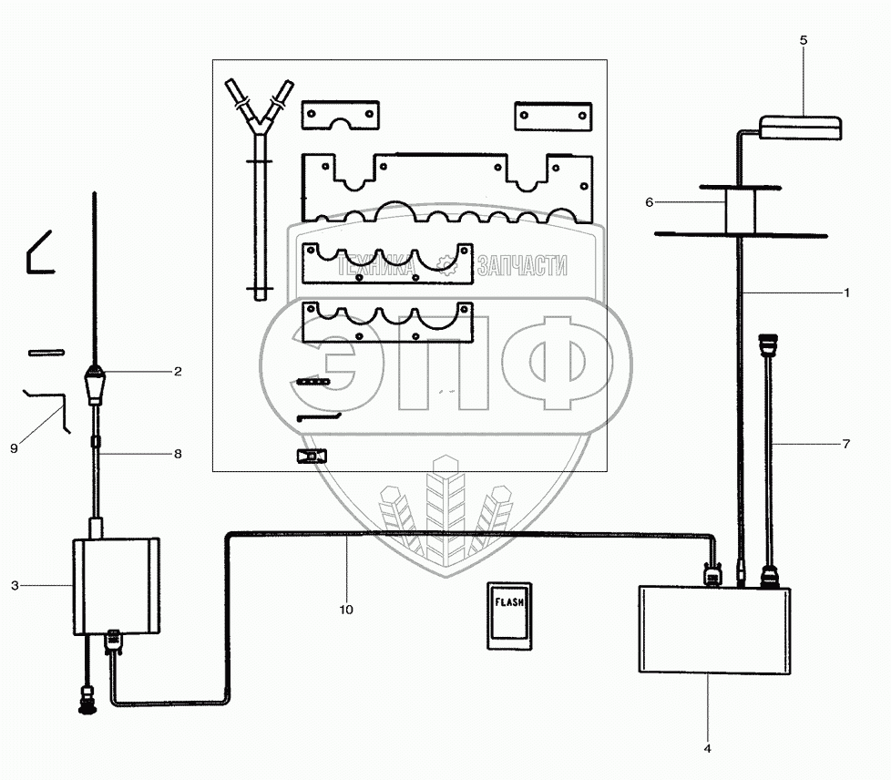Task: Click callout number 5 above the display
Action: (803, 40)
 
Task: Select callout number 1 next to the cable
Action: (846, 292)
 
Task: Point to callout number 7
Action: (846, 444)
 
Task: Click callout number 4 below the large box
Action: (707, 748)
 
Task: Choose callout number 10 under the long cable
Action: (347, 609)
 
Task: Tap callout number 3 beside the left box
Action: (15, 585)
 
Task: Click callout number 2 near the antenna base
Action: (178, 371)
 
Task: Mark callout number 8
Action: (178, 452)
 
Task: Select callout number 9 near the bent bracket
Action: (15, 448)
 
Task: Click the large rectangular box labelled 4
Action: (714, 631)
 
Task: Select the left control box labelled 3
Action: (116, 586)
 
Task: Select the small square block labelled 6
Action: (741, 210)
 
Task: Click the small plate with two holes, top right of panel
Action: (554, 116)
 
